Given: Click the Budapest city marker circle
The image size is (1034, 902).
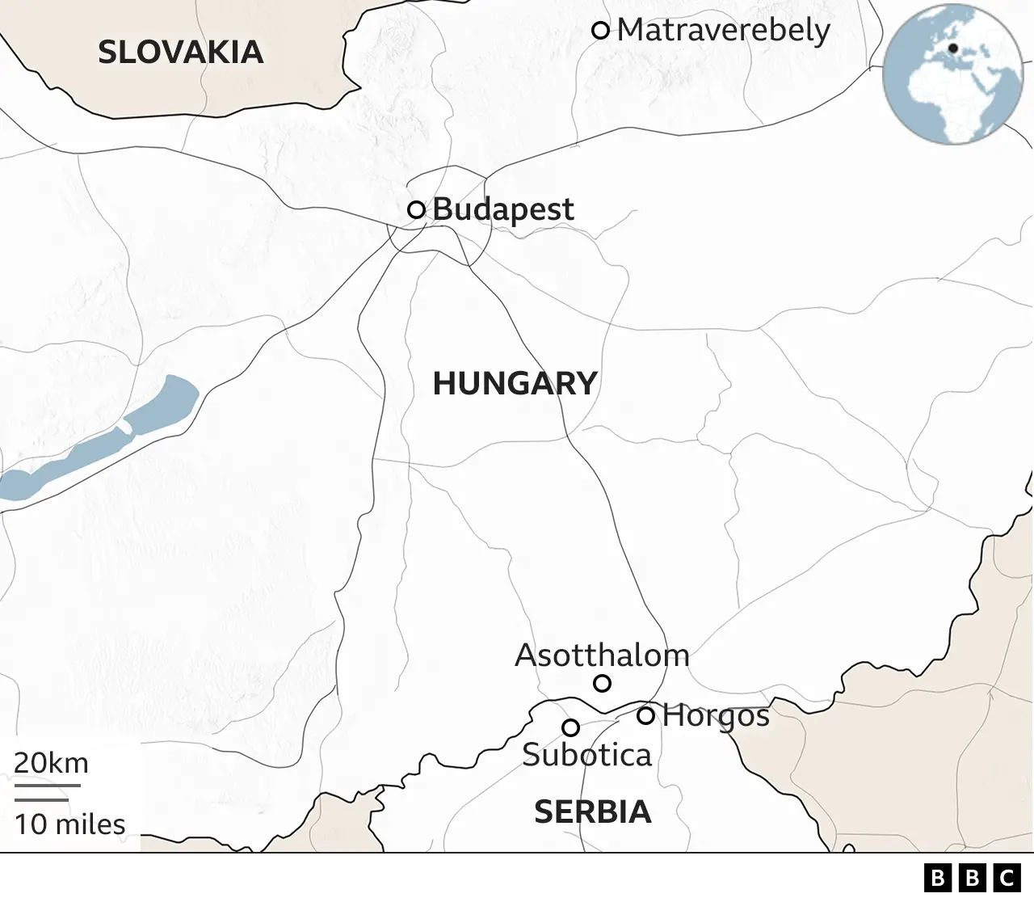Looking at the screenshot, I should point(416,210).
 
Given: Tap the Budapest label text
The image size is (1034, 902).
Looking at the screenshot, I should point(503,209).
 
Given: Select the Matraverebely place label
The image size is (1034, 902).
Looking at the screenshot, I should point(723,31).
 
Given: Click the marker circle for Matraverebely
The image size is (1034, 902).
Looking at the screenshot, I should point(600,31).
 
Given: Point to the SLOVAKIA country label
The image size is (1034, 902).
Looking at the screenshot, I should point(180,53).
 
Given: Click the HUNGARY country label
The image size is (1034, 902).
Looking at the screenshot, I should point(515,383).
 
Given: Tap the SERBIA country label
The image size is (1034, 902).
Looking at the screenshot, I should point(592,811).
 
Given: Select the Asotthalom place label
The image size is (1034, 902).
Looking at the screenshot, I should point(602,655).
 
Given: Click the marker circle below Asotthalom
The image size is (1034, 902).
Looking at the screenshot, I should point(602,684).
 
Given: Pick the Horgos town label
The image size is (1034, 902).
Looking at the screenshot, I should point(716,716).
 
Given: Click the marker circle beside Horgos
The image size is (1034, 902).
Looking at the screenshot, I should point(645,715).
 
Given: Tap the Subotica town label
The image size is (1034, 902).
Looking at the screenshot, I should point(586,755).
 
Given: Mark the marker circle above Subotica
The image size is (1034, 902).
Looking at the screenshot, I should point(570,727).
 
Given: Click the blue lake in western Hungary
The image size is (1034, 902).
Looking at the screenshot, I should point(105,440).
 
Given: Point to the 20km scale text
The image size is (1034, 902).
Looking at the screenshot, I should point(51,763).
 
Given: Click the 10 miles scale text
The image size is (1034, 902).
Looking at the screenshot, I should point(69,824).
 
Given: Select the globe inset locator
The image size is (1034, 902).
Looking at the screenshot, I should point(953,74).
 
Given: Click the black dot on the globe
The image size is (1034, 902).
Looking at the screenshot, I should point(953,48).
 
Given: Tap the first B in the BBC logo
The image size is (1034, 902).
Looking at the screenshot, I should point(938,878).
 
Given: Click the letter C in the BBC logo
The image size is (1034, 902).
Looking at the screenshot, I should point(1007,878).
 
